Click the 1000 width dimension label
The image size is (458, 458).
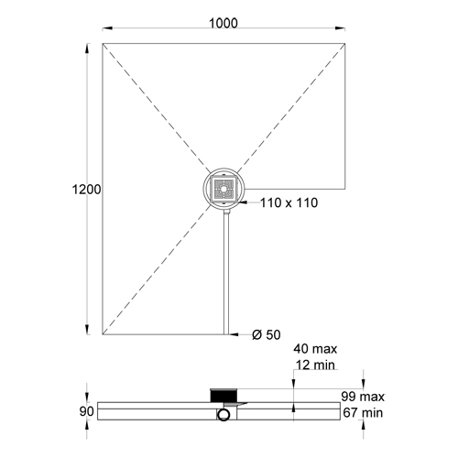coord(224,24)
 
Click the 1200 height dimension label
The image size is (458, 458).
coord(86,190)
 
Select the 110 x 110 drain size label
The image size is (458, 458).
coord(289,202)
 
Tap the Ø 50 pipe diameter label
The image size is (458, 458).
coord(267,335)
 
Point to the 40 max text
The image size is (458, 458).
coord(315,349)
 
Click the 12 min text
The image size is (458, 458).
coord(315,365)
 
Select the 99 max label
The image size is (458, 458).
coord(363,397)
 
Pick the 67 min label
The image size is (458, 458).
coord(363,413)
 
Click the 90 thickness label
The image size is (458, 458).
coord(86,411)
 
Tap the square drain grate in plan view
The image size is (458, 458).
coord(224,189)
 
